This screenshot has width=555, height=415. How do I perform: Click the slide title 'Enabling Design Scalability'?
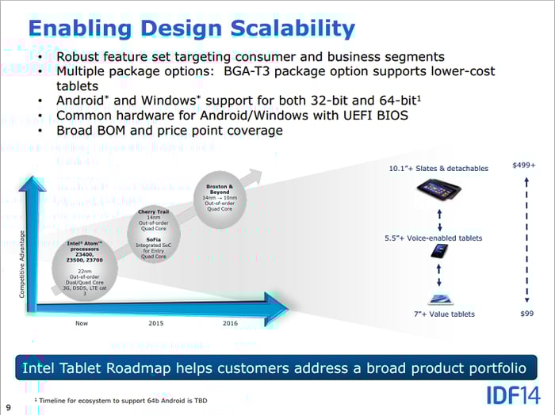click(x=191, y=29)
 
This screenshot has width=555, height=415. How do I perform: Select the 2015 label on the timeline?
click(x=156, y=323)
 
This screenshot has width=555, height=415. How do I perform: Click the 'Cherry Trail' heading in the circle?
click(x=153, y=212)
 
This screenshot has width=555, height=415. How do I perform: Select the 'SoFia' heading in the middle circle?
click(x=153, y=238)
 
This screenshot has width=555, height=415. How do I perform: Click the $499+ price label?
click(x=524, y=165)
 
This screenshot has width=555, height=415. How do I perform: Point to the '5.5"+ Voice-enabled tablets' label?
click(x=434, y=238)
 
